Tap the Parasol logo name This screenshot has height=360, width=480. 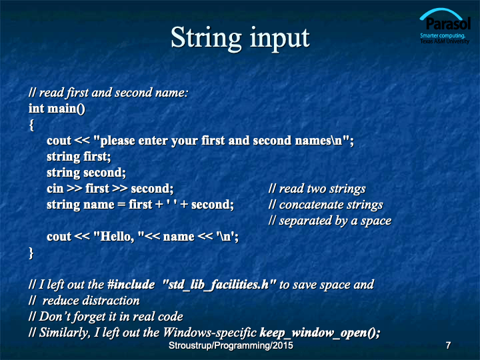[x=448, y=24]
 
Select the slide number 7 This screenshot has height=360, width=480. [x=448, y=345]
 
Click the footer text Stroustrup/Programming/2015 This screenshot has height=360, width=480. [x=231, y=345]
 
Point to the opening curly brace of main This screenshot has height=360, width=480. [x=31, y=125]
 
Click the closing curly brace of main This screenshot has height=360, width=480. [x=31, y=253]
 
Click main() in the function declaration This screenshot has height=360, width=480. [x=66, y=109]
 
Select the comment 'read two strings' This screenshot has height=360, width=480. [x=317, y=189]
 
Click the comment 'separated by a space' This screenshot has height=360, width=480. [x=330, y=221]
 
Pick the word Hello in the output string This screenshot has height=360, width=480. [x=116, y=237]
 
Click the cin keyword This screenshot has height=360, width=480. [x=55, y=189]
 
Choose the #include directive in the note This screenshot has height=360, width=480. [x=131, y=285]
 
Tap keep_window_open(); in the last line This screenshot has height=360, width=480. [x=320, y=333]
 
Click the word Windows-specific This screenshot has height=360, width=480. [x=209, y=333]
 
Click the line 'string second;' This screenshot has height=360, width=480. [x=86, y=173]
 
